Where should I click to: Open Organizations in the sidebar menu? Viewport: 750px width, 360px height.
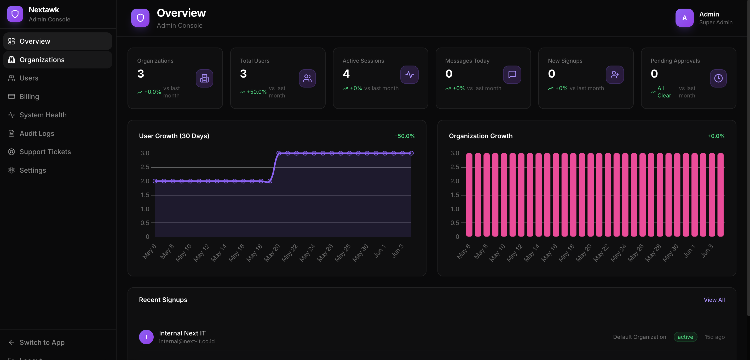click(x=58, y=60)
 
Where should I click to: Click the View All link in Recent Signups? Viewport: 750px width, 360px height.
click(x=714, y=300)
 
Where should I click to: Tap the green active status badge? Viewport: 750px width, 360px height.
click(x=685, y=337)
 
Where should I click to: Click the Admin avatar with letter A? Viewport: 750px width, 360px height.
click(x=684, y=18)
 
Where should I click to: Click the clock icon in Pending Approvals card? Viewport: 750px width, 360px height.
click(x=718, y=78)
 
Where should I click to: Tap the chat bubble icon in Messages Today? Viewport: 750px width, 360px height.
click(x=512, y=74)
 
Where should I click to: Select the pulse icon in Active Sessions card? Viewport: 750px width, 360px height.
click(x=409, y=74)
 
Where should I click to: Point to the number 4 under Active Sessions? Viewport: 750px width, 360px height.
click(x=346, y=74)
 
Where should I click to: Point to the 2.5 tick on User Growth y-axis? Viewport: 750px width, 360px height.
click(x=145, y=167)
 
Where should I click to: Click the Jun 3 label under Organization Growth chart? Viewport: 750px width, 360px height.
click(x=707, y=251)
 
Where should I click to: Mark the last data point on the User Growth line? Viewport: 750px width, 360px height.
click(x=411, y=153)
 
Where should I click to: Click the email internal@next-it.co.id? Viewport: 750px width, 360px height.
click(x=187, y=341)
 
